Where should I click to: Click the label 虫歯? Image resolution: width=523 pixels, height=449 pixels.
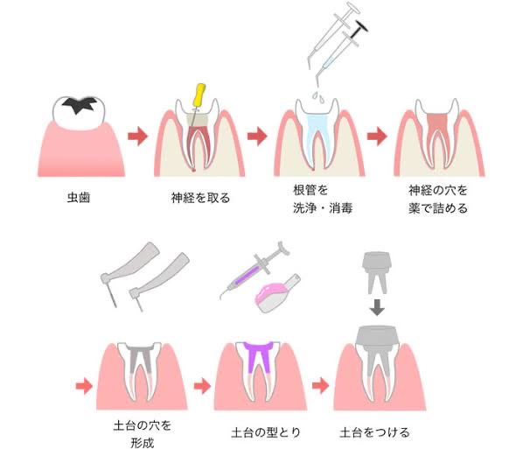coord(79,198)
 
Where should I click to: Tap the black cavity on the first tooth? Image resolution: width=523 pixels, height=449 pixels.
coord(80,104)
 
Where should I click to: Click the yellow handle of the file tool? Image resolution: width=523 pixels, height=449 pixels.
coord(199,95)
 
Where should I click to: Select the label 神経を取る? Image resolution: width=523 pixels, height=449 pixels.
coord(200,198)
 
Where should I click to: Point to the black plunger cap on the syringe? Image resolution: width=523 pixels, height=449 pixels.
coord(362,27)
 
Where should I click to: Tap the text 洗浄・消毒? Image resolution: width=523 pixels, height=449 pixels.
coord(323,208)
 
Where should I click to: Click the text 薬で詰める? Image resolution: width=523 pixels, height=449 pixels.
coord(438,208)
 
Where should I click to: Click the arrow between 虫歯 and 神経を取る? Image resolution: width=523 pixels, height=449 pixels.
coord(137,137)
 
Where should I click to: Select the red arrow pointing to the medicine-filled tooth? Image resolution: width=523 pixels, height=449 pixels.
coord(377,137)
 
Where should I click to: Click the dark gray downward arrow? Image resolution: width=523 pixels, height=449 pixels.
coord(377,307)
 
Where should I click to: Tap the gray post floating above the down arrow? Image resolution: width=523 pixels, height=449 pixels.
coord(377,272)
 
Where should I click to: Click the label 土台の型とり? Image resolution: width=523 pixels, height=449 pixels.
coord(266,432)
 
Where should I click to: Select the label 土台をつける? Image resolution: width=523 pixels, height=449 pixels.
coord(374,432)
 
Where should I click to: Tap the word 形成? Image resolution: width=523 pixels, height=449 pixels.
coord(143,443)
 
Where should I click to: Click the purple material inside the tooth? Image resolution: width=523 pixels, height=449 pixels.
coord(259,354)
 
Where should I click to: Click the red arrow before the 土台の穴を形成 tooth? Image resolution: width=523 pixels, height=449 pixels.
coord(84,386)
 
